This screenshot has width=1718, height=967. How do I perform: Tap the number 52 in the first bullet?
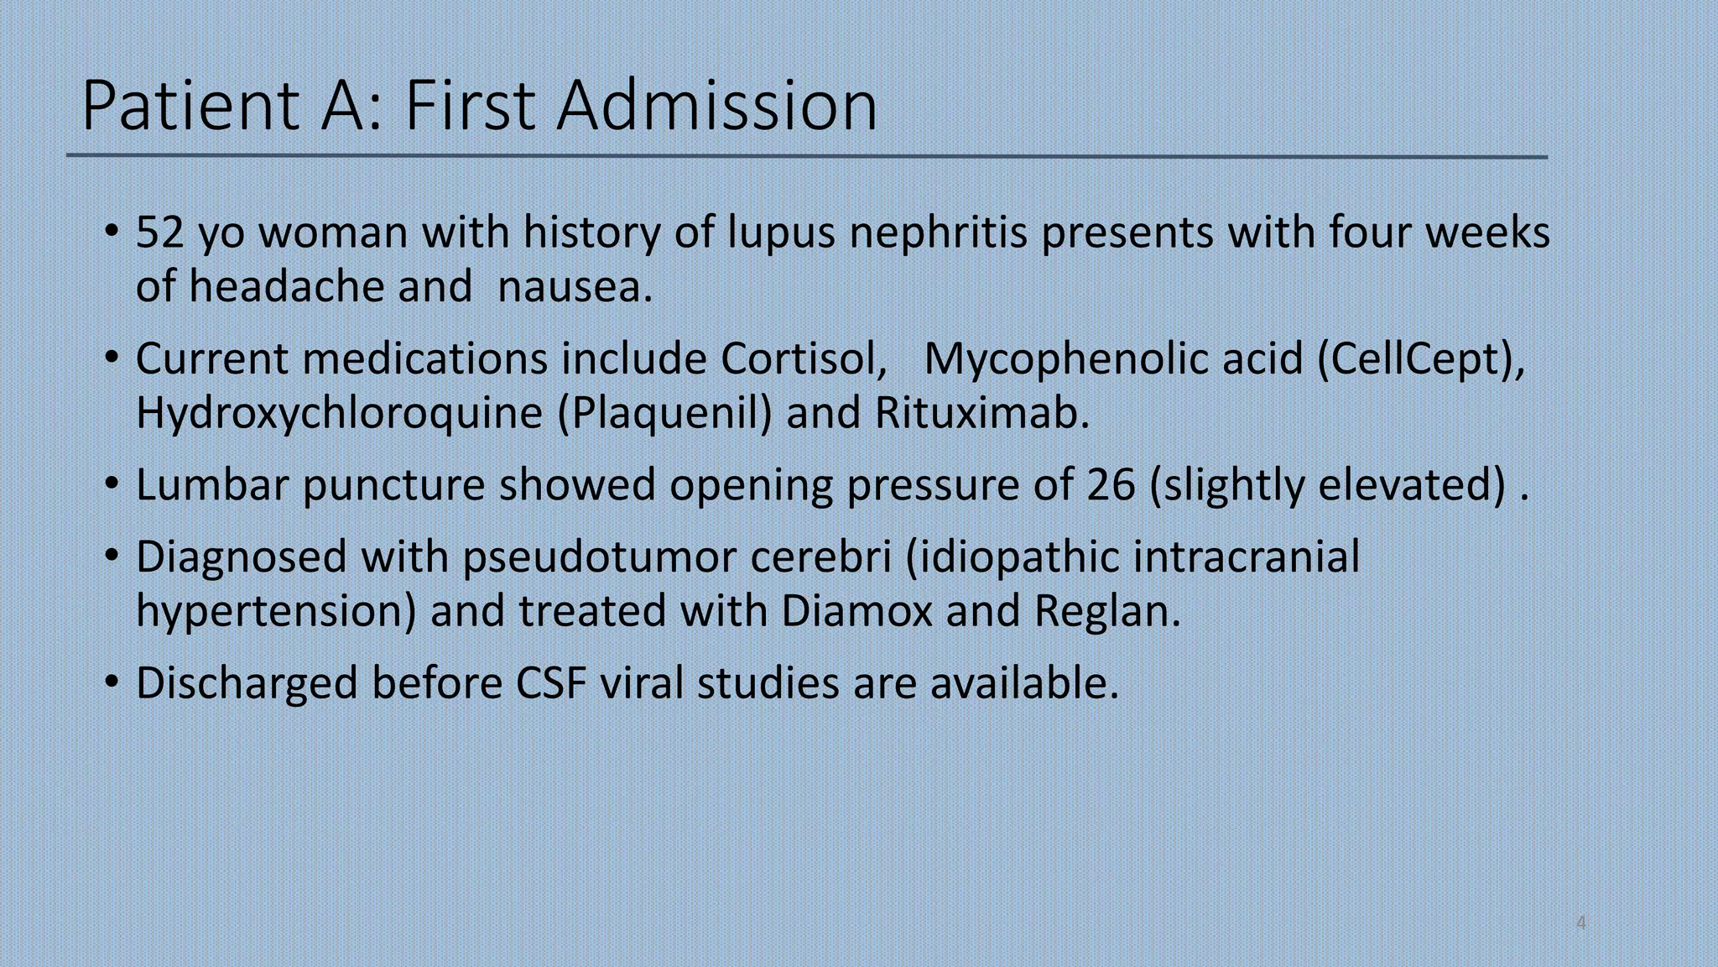coord(159,232)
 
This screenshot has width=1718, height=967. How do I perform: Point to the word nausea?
coord(575,287)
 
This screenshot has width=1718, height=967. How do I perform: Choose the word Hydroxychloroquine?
coord(340,413)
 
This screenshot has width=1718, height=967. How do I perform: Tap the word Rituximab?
coord(981,413)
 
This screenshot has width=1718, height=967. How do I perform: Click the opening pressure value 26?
coord(1111,485)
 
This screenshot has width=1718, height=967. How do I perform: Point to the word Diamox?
coord(856,611)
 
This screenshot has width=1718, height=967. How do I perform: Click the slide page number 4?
coord(1581,923)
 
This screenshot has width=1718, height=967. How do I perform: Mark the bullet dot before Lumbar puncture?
coord(112,485)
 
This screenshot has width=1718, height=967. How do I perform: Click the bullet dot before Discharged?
coord(112,683)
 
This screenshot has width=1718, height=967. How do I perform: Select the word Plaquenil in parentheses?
coord(666,413)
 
